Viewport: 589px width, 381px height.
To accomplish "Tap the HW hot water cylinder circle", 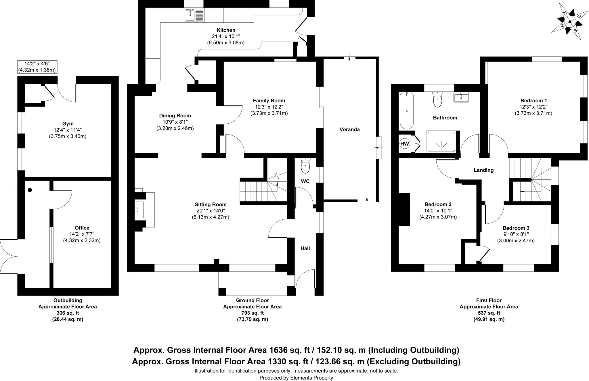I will tap(405, 143).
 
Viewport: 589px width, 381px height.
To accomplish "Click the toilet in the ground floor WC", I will tap(305, 166).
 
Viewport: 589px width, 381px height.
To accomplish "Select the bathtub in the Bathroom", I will tap(406, 111).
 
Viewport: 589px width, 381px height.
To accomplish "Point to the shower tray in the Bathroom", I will tap(441, 141).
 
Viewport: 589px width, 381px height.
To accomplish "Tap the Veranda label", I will tap(349, 129).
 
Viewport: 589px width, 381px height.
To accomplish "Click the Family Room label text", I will tap(269, 101).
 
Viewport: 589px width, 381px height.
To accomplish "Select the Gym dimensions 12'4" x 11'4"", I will tap(68, 130).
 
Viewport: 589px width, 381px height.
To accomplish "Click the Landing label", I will tap(483, 170).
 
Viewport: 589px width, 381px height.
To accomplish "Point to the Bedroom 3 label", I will tap(516, 228).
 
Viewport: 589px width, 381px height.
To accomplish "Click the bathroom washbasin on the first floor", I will tap(461, 97).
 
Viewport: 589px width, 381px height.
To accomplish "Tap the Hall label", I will tap(305, 248).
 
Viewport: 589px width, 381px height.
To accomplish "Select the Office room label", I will tap(82, 228).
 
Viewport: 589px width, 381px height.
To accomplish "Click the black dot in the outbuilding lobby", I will tap(30, 190).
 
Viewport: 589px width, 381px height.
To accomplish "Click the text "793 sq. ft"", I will tap(252, 313).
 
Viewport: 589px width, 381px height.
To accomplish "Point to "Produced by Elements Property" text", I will tap(296, 378).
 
